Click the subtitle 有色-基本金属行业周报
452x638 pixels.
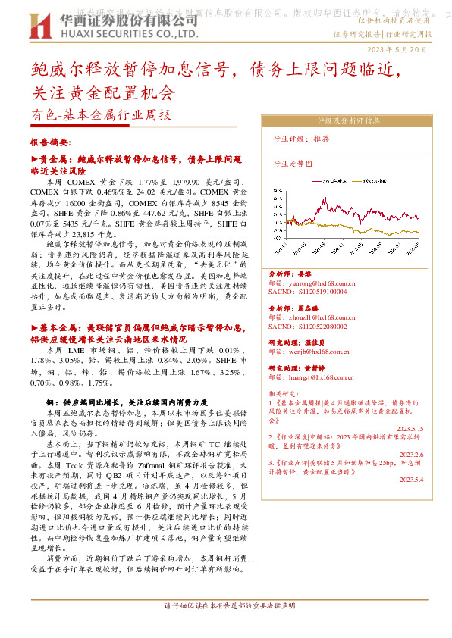click(102, 117)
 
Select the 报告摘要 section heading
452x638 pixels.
click(51, 142)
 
